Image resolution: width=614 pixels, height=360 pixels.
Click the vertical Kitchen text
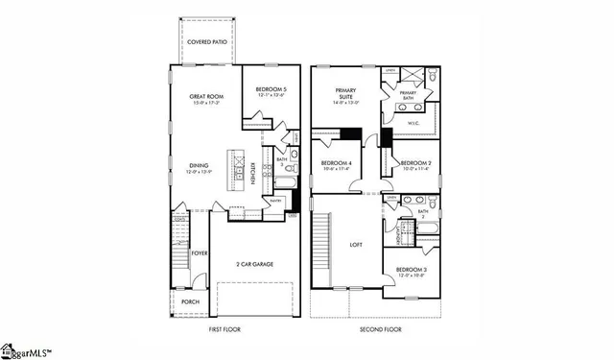click(252, 173)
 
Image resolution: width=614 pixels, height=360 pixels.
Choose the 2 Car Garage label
click(250, 263)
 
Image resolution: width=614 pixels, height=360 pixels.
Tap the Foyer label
click(199, 253)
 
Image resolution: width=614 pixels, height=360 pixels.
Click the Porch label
click(191, 301)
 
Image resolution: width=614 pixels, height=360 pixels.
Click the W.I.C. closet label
click(415, 123)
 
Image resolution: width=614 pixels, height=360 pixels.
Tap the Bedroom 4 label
click(337, 165)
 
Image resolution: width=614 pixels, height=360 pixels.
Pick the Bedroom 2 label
click(414, 165)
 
